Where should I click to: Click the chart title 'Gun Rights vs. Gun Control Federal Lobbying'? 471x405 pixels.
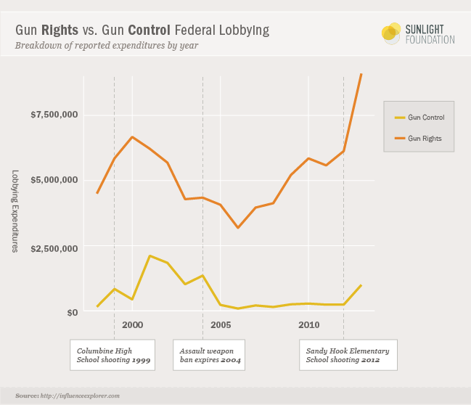pyautogui.click(x=142, y=30)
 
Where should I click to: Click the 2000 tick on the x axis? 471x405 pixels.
pyautogui.click(x=132, y=324)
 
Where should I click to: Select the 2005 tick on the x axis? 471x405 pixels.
pyautogui.click(x=221, y=324)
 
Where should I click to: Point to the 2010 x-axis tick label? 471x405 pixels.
pyautogui.click(x=308, y=324)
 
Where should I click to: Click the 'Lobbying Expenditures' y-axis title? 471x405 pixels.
pyautogui.click(x=15, y=211)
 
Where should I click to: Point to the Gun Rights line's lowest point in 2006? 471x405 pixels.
pyautogui.click(x=238, y=228)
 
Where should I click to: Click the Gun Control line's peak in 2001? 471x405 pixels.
pyautogui.click(x=150, y=255)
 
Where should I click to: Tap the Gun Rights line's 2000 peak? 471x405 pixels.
pyautogui.click(x=132, y=136)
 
